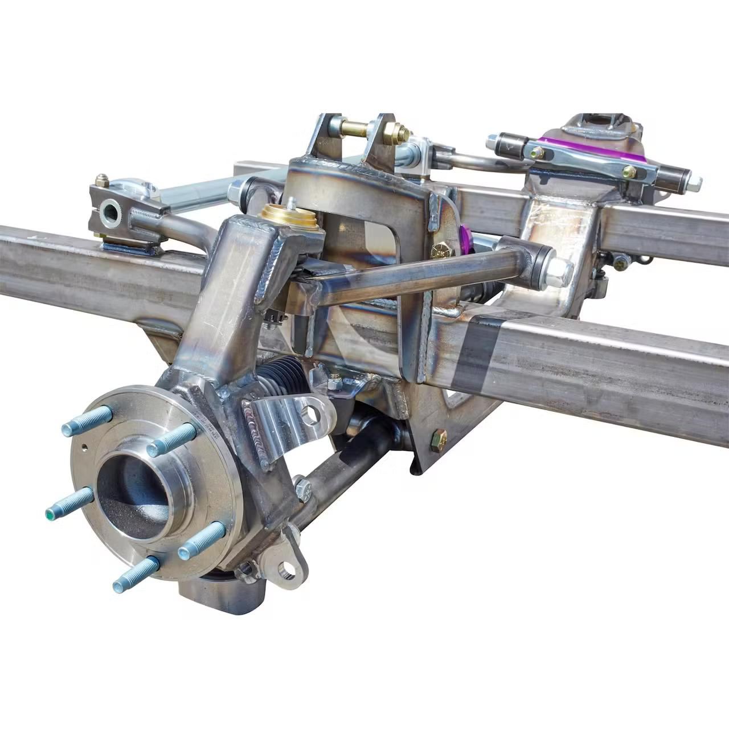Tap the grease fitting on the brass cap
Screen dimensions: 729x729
pos(291,202)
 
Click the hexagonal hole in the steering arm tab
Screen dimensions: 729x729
pos(310,416)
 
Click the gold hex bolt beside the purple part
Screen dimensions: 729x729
pos(439,251)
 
